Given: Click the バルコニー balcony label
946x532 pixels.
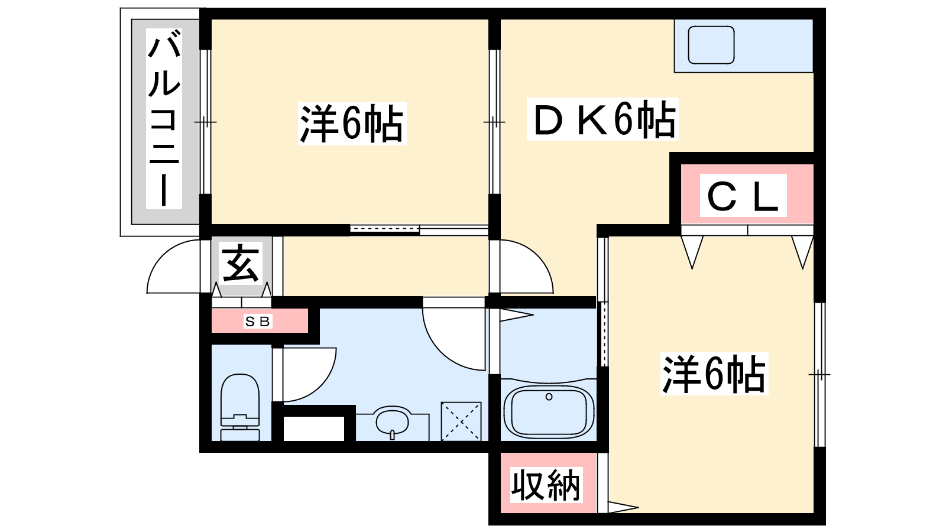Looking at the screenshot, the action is pos(164,119).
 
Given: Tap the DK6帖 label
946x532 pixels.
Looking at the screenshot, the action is pos(602,119).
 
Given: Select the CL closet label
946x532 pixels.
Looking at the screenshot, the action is pos(743,196).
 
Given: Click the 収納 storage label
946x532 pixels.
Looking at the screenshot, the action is pos(546,485).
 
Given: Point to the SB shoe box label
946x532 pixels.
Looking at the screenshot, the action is pos(258,322).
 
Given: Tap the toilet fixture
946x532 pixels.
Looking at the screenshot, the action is pos(240,407).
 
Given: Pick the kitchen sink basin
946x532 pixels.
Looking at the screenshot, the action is pos(711,45).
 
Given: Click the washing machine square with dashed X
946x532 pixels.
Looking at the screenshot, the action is pos(461,421).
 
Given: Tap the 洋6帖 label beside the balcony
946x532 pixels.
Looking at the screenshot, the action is pos(352,124).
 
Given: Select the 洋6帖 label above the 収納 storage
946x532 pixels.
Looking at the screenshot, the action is pos(714,374).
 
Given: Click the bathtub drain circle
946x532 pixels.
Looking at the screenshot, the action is pos(549,397).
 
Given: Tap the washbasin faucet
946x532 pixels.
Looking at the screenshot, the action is pos(393,434).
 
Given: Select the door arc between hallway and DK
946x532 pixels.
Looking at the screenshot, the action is pos(536,256).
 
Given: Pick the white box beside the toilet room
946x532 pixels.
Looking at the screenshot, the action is pos(314,429).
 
